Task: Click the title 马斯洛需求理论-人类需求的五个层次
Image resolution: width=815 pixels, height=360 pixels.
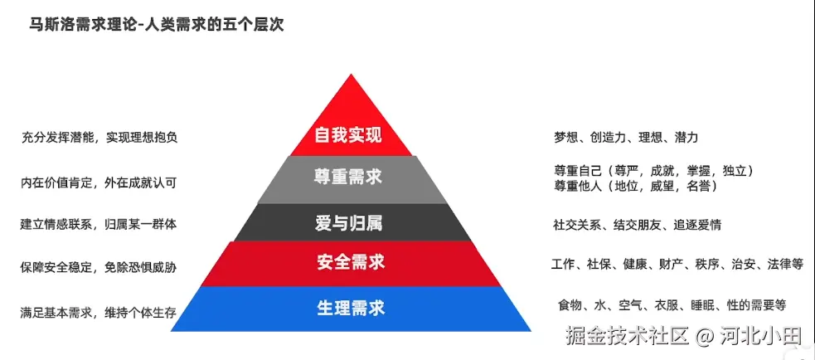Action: [157, 25]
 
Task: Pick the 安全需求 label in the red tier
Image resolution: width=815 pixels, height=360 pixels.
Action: [351, 263]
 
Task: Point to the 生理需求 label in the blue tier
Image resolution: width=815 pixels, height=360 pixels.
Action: [351, 308]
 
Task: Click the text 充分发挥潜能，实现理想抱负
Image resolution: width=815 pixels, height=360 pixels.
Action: [99, 138]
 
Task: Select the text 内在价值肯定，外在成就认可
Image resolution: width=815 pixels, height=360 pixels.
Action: [99, 182]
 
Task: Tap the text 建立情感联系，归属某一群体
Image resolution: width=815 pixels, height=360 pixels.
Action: [99, 224]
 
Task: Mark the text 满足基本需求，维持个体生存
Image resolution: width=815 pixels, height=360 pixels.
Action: [99, 313]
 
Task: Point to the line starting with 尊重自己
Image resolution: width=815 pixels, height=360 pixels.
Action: [653, 171]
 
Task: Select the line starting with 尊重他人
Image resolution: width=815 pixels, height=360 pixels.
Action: [636, 186]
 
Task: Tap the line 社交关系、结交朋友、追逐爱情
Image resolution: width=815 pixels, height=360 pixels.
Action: [637, 225]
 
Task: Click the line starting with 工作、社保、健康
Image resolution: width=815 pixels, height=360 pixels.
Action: [677, 265]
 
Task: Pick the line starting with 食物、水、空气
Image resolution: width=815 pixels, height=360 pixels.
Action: [672, 305]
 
